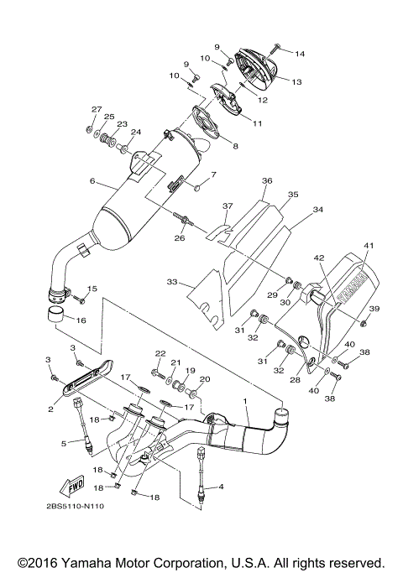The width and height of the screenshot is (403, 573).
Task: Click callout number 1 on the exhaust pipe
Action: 245,402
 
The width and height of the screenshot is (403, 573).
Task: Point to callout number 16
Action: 81,320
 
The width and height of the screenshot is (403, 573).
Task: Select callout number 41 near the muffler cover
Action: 367,245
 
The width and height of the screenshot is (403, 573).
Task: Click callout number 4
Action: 221,486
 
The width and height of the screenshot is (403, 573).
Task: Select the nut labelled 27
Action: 89,130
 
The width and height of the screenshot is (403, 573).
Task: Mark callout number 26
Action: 180,238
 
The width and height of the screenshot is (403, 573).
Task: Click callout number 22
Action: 160,354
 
